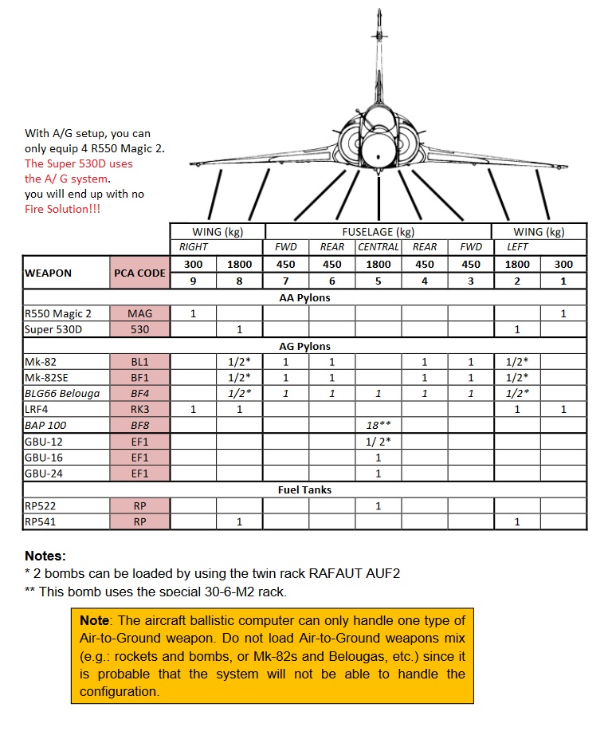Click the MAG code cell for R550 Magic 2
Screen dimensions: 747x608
tap(139, 313)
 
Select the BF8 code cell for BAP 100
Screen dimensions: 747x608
tap(139, 425)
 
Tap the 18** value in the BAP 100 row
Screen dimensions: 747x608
tap(378, 425)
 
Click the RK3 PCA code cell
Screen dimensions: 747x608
tap(139, 409)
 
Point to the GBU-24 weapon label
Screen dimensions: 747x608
tap(45, 474)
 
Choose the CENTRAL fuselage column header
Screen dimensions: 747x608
tap(378, 247)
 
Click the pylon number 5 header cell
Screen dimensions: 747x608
tap(378, 281)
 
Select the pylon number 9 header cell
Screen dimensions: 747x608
tap(193, 281)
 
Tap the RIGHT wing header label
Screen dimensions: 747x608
tap(193, 247)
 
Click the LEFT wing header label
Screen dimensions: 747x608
tap(517, 247)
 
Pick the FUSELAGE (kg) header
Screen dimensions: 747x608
tap(378, 231)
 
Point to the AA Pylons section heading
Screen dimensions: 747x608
tap(304, 297)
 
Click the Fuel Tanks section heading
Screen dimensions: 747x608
tap(304, 489)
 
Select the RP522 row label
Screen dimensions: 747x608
tap(41, 505)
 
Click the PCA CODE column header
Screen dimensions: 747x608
tap(139, 273)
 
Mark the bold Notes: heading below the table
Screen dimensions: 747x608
tap(45, 556)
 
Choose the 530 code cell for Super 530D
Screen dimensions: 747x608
tap(139, 329)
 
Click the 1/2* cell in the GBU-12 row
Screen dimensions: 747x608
tap(378, 441)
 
